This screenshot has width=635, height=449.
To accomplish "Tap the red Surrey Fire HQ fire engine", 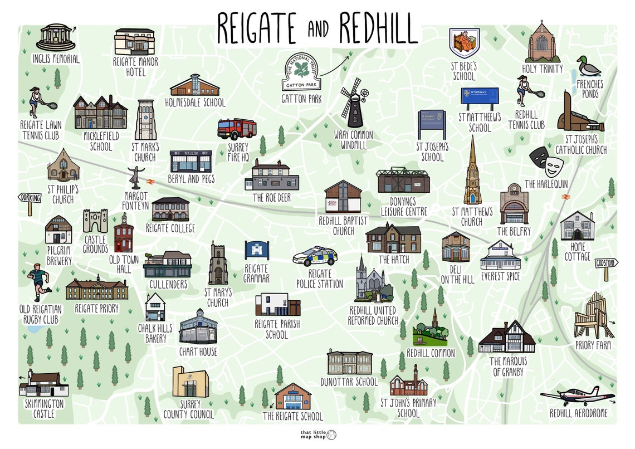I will click(x=237, y=129).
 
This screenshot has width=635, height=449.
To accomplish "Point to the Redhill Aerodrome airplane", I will click(x=577, y=396).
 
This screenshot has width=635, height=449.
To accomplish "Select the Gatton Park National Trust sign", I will click(x=301, y=73).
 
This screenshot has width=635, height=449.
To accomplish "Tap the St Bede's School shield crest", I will click(x=464, y=43).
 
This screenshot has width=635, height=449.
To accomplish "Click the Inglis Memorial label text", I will click(x=56, y=59).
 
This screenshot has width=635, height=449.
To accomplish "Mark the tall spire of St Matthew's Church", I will click(x=472, y=167).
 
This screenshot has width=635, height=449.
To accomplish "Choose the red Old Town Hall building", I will click(x=123, y=234).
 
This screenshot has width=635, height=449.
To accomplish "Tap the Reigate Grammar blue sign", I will click(x=257, y=250).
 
